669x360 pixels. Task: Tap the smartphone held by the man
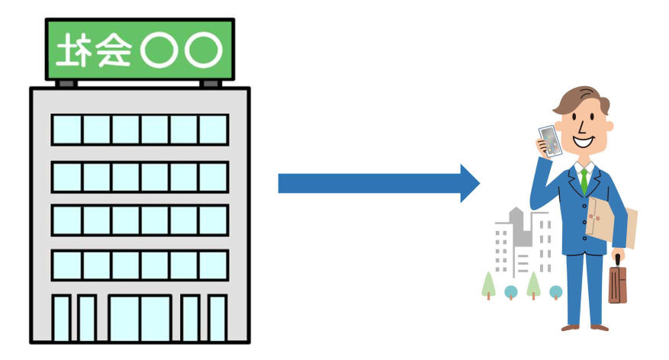point(549,141)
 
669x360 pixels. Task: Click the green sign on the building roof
point(140,50)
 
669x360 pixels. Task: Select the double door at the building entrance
point(140,317)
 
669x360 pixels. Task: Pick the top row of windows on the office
point(140,130)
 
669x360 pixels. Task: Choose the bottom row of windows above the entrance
point(140,265)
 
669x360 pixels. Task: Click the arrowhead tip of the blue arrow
point(478,183)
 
